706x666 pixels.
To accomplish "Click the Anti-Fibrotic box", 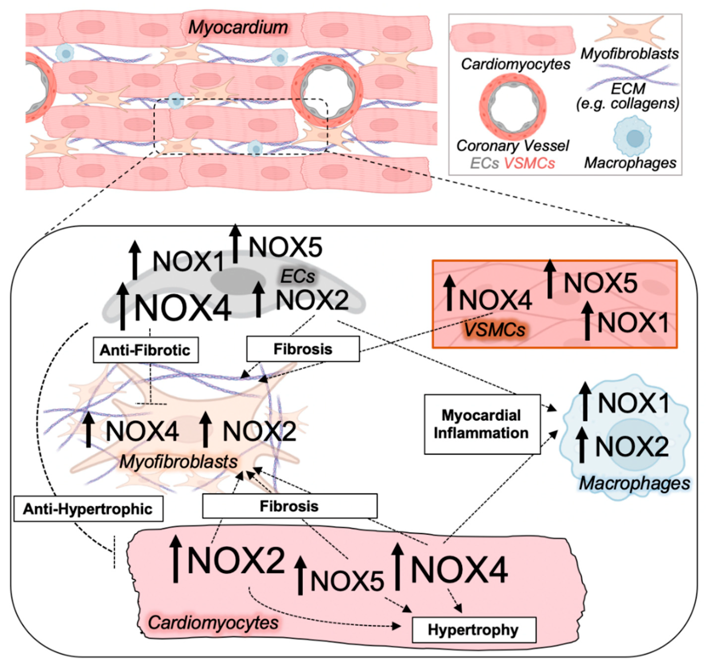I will [145, 350].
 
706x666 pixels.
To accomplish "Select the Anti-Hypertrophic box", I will [88, 509].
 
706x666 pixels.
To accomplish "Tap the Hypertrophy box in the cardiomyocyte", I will [473, 630].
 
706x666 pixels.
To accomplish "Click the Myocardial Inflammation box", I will [482, 424].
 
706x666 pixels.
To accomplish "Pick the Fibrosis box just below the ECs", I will [303, 349].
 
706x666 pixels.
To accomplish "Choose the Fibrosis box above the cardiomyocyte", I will [289, 506].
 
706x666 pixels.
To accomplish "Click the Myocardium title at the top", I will [238, 27].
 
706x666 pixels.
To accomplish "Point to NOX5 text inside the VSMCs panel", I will [601, 283].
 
